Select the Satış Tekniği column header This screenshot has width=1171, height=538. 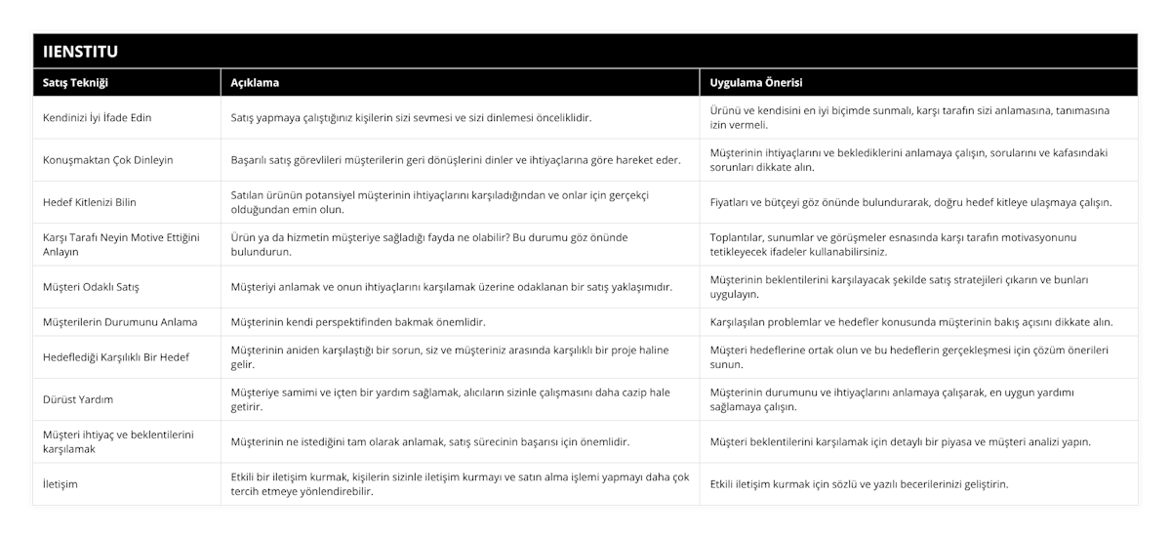(x=76, y=83)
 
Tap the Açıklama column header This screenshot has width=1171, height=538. (x=256, y=83)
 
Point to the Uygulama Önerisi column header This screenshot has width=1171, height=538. (x=756, y=83)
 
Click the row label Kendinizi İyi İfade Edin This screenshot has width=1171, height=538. (x=98, y=117)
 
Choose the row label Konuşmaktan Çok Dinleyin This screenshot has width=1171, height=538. (x=108, y=159)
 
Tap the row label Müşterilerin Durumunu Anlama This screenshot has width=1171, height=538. (x=121, y=321)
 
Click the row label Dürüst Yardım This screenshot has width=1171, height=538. (x=78, y=398)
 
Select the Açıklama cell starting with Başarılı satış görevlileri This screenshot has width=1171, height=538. (x=456, y=159)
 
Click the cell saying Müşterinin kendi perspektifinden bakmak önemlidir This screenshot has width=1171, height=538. (x=358, y=321)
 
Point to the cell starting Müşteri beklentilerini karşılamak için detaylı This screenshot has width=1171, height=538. (x=901, y=441)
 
